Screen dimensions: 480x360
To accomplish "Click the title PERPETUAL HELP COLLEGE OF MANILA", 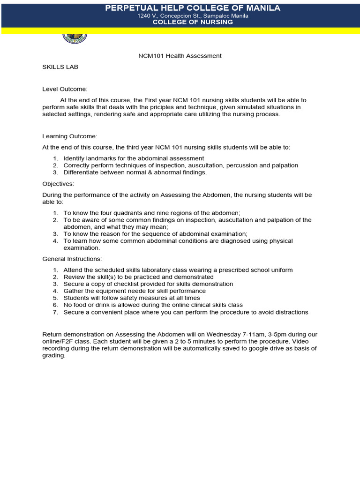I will pos(193,8).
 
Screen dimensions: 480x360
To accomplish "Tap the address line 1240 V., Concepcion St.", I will pos(193,15).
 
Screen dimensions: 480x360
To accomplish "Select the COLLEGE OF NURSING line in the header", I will pos(193,22).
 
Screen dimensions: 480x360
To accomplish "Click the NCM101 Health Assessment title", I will pos(180,56).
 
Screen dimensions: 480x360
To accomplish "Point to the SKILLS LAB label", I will pos(60,67).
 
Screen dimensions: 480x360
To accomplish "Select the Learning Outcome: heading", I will pos(69,136).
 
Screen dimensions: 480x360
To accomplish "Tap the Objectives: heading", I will pos(58,183).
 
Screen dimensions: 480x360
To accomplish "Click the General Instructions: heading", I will pos(72,259).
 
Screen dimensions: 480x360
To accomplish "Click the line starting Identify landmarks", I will pos(134,158).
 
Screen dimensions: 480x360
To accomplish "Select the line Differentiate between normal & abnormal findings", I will pos(135,172).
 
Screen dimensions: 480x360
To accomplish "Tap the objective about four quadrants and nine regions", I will pos(152,213).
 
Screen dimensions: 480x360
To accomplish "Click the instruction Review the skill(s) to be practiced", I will pos(138,277).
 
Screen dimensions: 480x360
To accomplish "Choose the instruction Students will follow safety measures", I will pos(131,298).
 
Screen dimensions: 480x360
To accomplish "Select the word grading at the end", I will pos(53,355).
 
